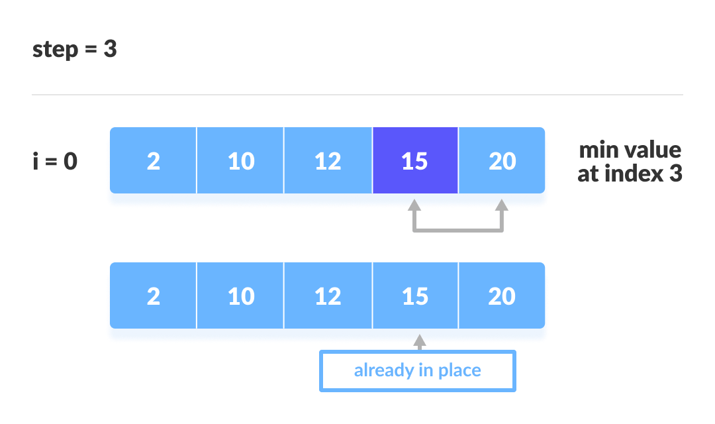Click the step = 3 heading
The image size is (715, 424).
75,50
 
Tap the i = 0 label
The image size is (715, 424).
55,161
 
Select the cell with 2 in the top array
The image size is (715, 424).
153,161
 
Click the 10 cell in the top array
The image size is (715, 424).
240,161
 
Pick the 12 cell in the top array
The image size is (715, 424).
328,161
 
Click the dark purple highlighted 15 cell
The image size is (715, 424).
415,161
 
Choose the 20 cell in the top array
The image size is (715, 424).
502,161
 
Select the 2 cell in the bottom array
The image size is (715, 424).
153,296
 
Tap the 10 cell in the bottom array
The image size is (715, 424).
240,296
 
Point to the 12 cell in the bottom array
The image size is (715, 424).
328,296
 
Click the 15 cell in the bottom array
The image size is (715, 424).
415,296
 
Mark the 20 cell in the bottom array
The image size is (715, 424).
502,296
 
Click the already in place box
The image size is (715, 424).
417,370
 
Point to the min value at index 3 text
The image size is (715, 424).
630,162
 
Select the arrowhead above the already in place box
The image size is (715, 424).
418,341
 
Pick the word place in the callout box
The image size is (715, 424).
457,370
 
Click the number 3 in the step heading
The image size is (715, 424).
110,50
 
